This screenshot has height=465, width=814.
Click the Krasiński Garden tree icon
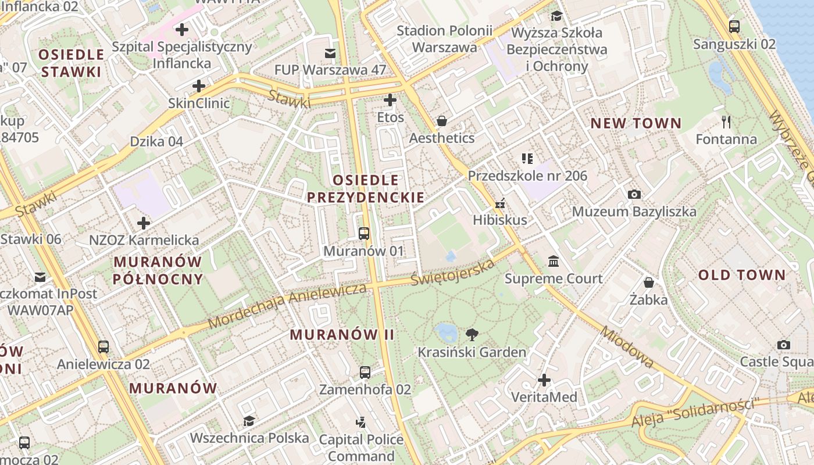coord(472,334)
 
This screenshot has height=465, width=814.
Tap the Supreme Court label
coord(554,278)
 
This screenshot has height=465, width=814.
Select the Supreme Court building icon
coord(554,261)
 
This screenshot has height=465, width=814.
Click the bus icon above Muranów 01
coord(364,234)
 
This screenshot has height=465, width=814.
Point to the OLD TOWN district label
coord(741,275)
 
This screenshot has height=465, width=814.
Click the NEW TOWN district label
coord(636,123)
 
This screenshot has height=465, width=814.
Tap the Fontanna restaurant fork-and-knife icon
coord(726,122)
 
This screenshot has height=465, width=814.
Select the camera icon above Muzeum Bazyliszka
coord(634,194)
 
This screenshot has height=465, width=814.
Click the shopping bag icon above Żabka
coord(649,282)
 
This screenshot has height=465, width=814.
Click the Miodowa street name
coord(627,347)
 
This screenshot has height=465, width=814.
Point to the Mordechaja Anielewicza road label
coord(287,305)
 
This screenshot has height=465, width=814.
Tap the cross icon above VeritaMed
coord(544,380)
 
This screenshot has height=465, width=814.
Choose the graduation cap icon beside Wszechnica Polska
coord(249,421)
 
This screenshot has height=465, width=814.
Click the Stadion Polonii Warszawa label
coord(444,39)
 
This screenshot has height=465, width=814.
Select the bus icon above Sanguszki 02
coord(734,26)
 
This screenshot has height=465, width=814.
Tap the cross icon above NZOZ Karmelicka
coord(144,223)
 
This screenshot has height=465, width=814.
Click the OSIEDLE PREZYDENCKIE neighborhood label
coord(366,189)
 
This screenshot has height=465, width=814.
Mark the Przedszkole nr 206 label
coord(527,176)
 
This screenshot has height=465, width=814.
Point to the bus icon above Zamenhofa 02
coord(365,373)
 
